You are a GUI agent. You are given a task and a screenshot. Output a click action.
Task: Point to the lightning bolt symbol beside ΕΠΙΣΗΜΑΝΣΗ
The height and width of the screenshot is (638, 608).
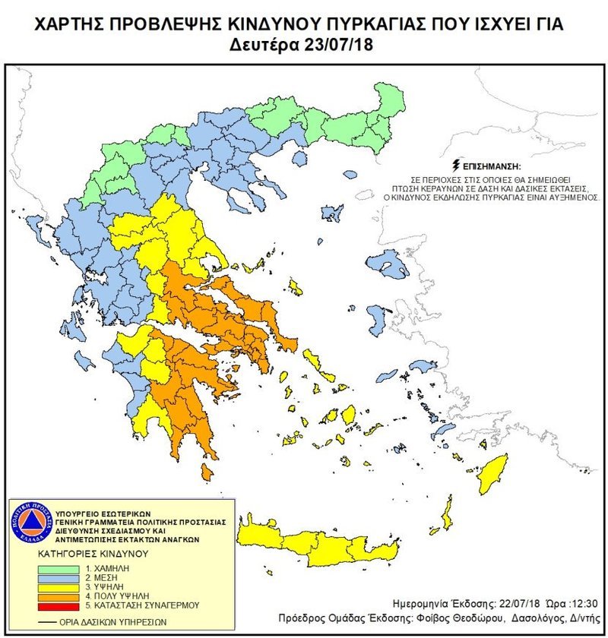coord(454,164)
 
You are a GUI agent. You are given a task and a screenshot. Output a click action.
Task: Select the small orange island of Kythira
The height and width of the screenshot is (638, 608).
coord(207,472)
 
